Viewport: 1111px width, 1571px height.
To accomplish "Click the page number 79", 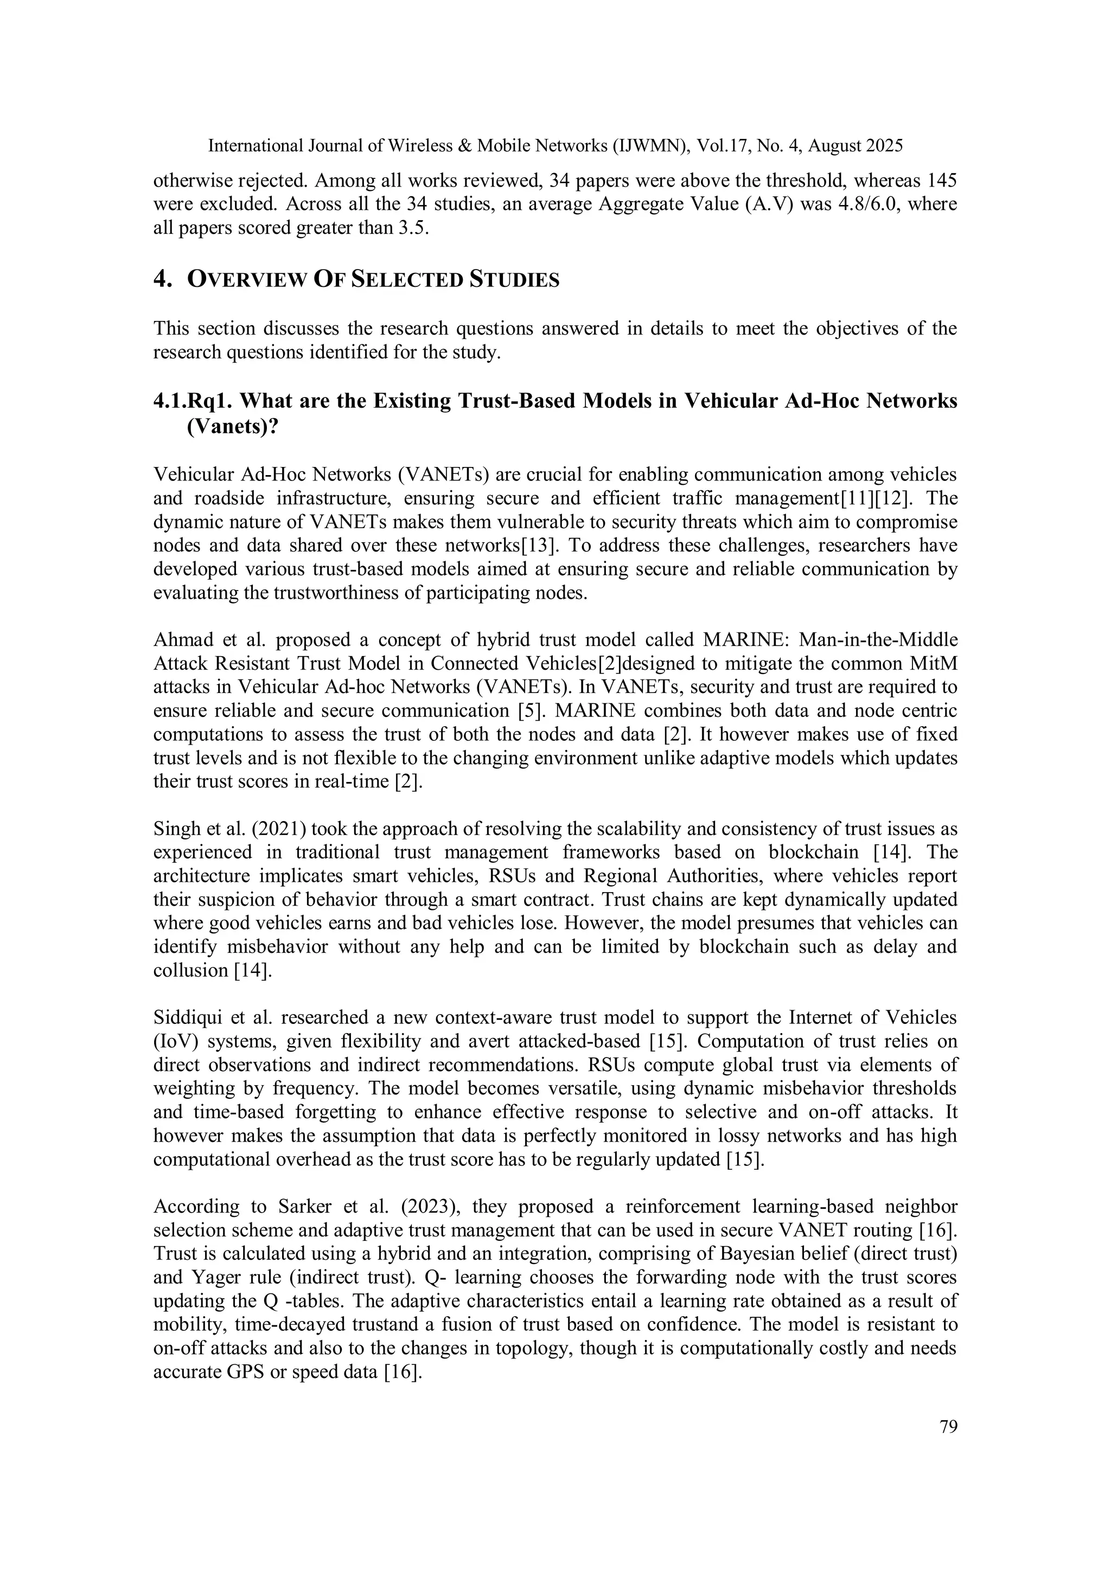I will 948,1427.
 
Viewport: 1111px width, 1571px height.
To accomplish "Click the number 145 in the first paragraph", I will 941,181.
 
